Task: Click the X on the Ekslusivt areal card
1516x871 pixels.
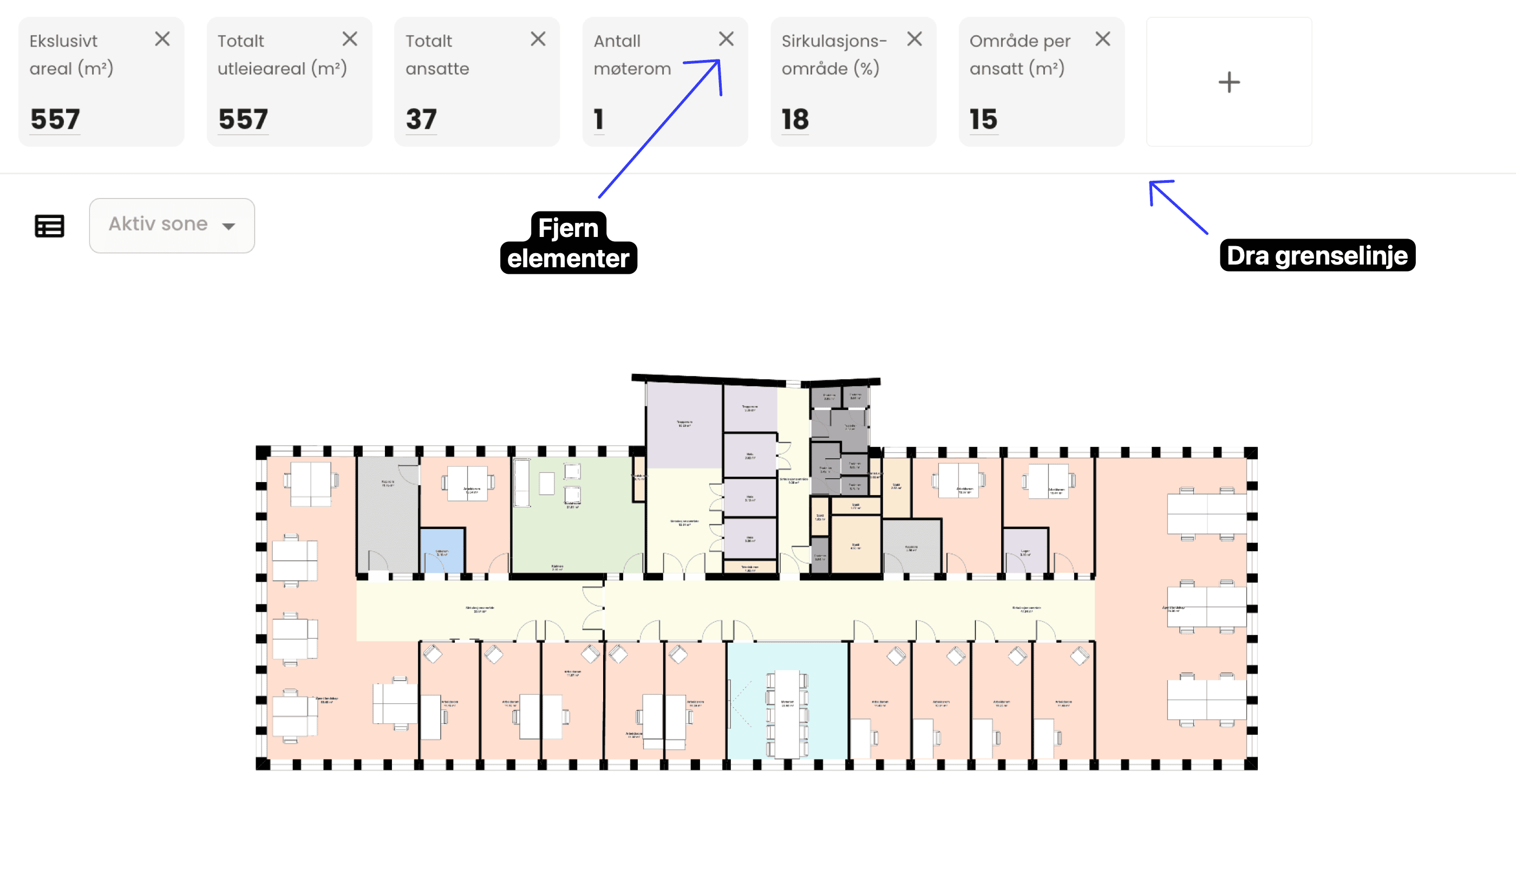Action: tap(162, 39)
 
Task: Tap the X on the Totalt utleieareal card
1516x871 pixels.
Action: tap(350, 39)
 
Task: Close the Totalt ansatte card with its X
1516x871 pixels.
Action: tap(538, 39)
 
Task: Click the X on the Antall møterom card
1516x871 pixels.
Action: tap(726, 39)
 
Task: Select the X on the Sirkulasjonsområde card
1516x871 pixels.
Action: tap(914, 39)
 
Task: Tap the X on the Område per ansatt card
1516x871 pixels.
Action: tap(1102, 39)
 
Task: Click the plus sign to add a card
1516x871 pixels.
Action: tap(1229, 82)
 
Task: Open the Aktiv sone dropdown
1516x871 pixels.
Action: tap(172, 225)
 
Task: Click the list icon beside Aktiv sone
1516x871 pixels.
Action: tap(50, 226)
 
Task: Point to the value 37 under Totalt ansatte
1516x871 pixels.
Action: tap(421, 119)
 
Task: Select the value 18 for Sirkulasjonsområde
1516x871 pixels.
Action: tap(795, 119)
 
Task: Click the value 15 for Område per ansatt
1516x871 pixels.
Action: tap(983, 119)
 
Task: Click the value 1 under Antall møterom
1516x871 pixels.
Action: tap(598, 119)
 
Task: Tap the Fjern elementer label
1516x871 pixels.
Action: tap(568, 243)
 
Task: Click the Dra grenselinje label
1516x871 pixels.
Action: tap(1317, 255)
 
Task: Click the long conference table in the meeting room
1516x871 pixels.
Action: tap(787, 714)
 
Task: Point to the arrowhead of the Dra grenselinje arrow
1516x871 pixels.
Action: tap(1152, 183)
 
